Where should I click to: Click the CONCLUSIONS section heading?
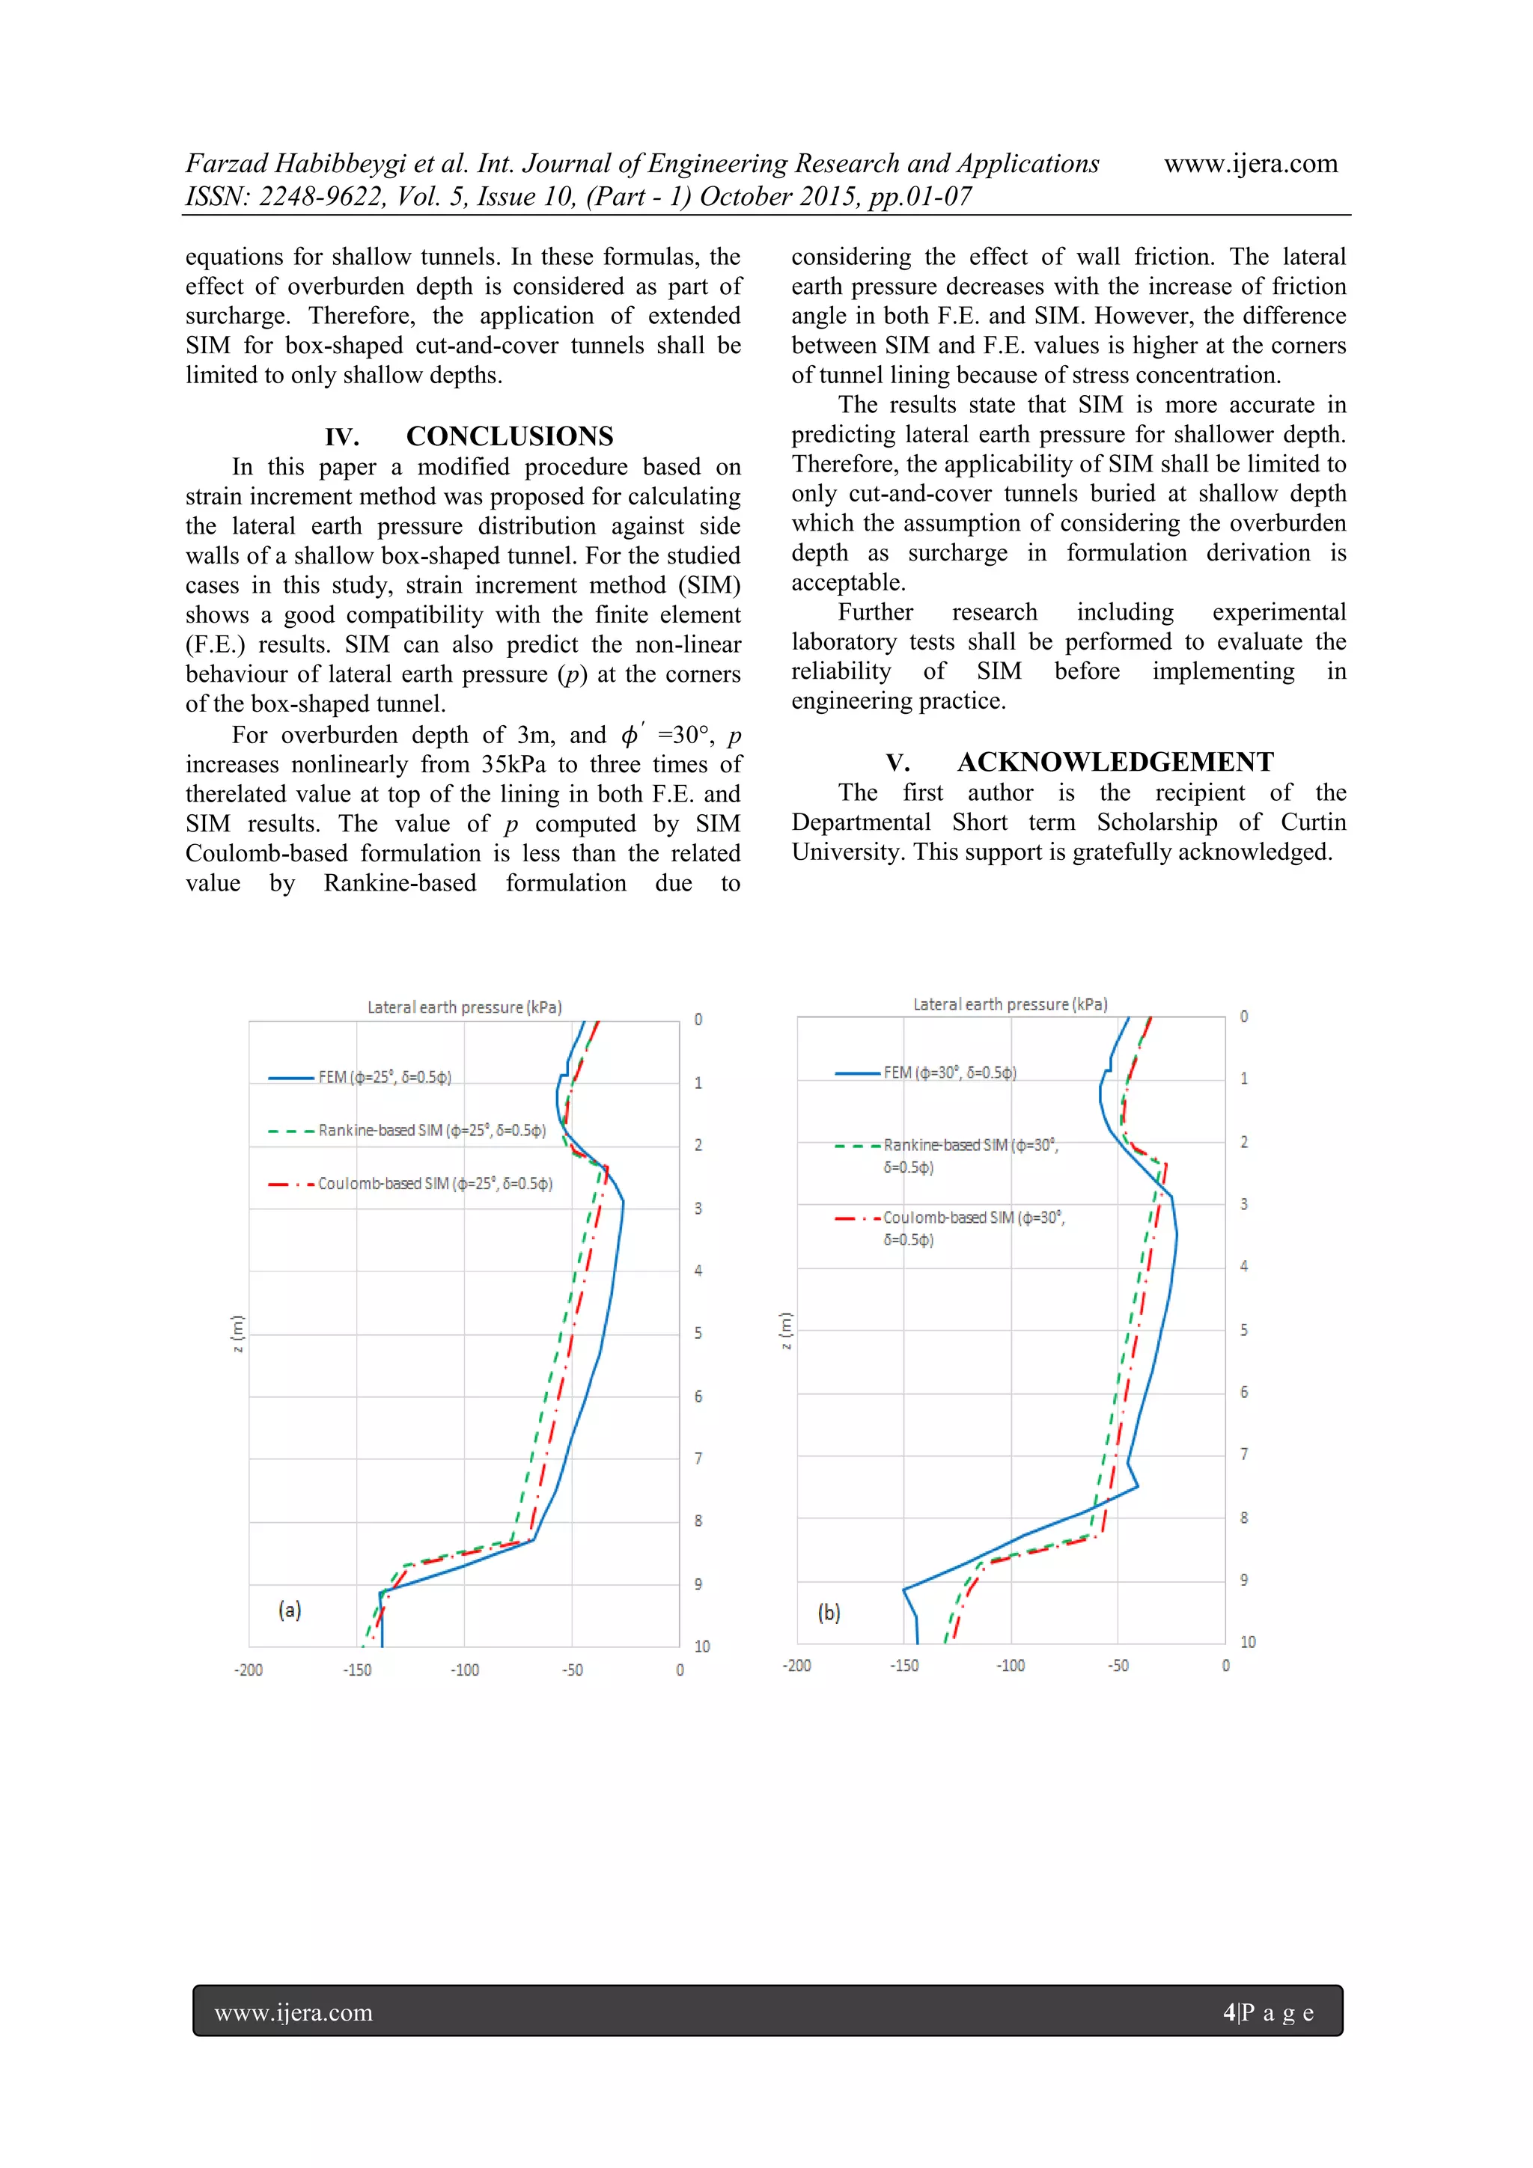point(509,436)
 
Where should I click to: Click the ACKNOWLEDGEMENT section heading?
point(1115,762)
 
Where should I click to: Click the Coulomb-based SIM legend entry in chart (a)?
point(434,1184)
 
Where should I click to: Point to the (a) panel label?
point(290,1610)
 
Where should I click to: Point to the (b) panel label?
point(829,1613)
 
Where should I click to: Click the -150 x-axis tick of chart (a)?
point(357,1670)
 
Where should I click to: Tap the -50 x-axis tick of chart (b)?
point(1118,1666)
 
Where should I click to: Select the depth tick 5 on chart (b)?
point(1244,1330)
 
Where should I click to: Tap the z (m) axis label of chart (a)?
point(238,1334)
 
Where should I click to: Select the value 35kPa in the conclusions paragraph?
point(513,764)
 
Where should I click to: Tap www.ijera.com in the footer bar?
point(293,2012)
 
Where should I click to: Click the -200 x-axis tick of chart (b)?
point(796,1666)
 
